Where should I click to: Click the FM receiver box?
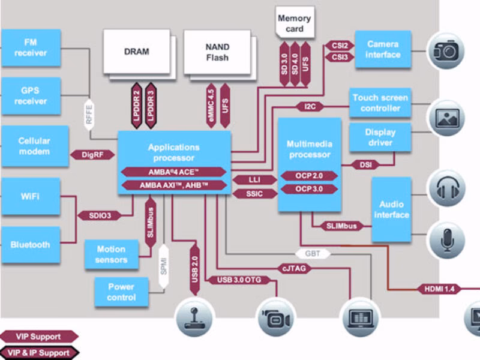click(31, 48)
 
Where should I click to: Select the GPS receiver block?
click(31, 96)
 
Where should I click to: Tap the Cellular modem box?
click(34, 146)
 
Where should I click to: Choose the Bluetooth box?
click(31, 245)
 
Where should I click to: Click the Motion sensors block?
click(111, 254)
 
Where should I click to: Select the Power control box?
click(121, 292)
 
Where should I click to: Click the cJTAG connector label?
click(294, 269)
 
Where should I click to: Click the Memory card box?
click(294, 23)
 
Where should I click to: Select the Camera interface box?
click(383, 49)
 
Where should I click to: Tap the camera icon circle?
click(446, 50)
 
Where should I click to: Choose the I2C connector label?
click(310, 107)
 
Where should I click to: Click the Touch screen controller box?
click(380, 103)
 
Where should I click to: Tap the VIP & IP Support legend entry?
click(40, 353)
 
